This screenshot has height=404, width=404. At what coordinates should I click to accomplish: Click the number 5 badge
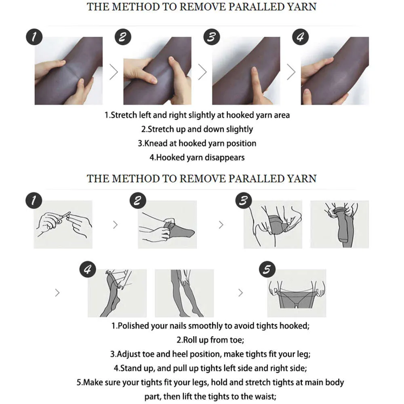tap(267, 269)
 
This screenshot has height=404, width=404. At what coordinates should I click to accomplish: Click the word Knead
tap(156, 143)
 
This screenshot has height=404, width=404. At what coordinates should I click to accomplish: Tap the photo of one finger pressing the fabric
tap(246, 71)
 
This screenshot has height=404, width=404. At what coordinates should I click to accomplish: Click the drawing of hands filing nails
tap(63, 224)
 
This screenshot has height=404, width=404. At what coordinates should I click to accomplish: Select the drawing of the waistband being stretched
tap(297, 293)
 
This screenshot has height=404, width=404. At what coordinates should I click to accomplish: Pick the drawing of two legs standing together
tap(184, 293)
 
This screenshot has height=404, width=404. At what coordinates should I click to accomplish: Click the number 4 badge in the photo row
tap(300, 37)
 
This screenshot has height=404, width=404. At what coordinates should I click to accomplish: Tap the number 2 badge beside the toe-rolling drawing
tap(138, 201)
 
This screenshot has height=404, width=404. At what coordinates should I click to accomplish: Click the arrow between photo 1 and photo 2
tap(114, 72)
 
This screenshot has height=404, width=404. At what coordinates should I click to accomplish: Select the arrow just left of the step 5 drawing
tap(240, 292)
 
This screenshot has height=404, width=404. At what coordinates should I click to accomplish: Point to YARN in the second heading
tap(302, 179)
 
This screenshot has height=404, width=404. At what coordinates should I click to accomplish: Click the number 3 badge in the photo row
tap(212, 37)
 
